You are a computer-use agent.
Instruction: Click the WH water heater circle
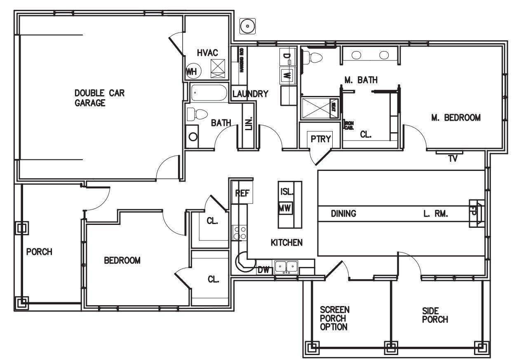tap(192, 72)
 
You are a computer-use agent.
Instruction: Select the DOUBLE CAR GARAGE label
tap(99, 98)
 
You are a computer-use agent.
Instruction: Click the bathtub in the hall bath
tap(209, 94)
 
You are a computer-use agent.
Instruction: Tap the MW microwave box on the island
tap(285, 208)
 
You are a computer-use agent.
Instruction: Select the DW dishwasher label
tap(263, 270)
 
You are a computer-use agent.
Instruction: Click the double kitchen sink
tap(286, 267)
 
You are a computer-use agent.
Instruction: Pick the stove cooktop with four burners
tap(240, 233)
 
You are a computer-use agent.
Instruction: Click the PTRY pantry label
tap(321, 139)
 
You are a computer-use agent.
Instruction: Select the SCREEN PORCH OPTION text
tap(334, 318)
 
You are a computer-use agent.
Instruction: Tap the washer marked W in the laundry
tap(288, 75)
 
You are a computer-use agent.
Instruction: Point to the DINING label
tap(343, 214)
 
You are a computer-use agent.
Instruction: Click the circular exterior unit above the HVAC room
tap(248, 26)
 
